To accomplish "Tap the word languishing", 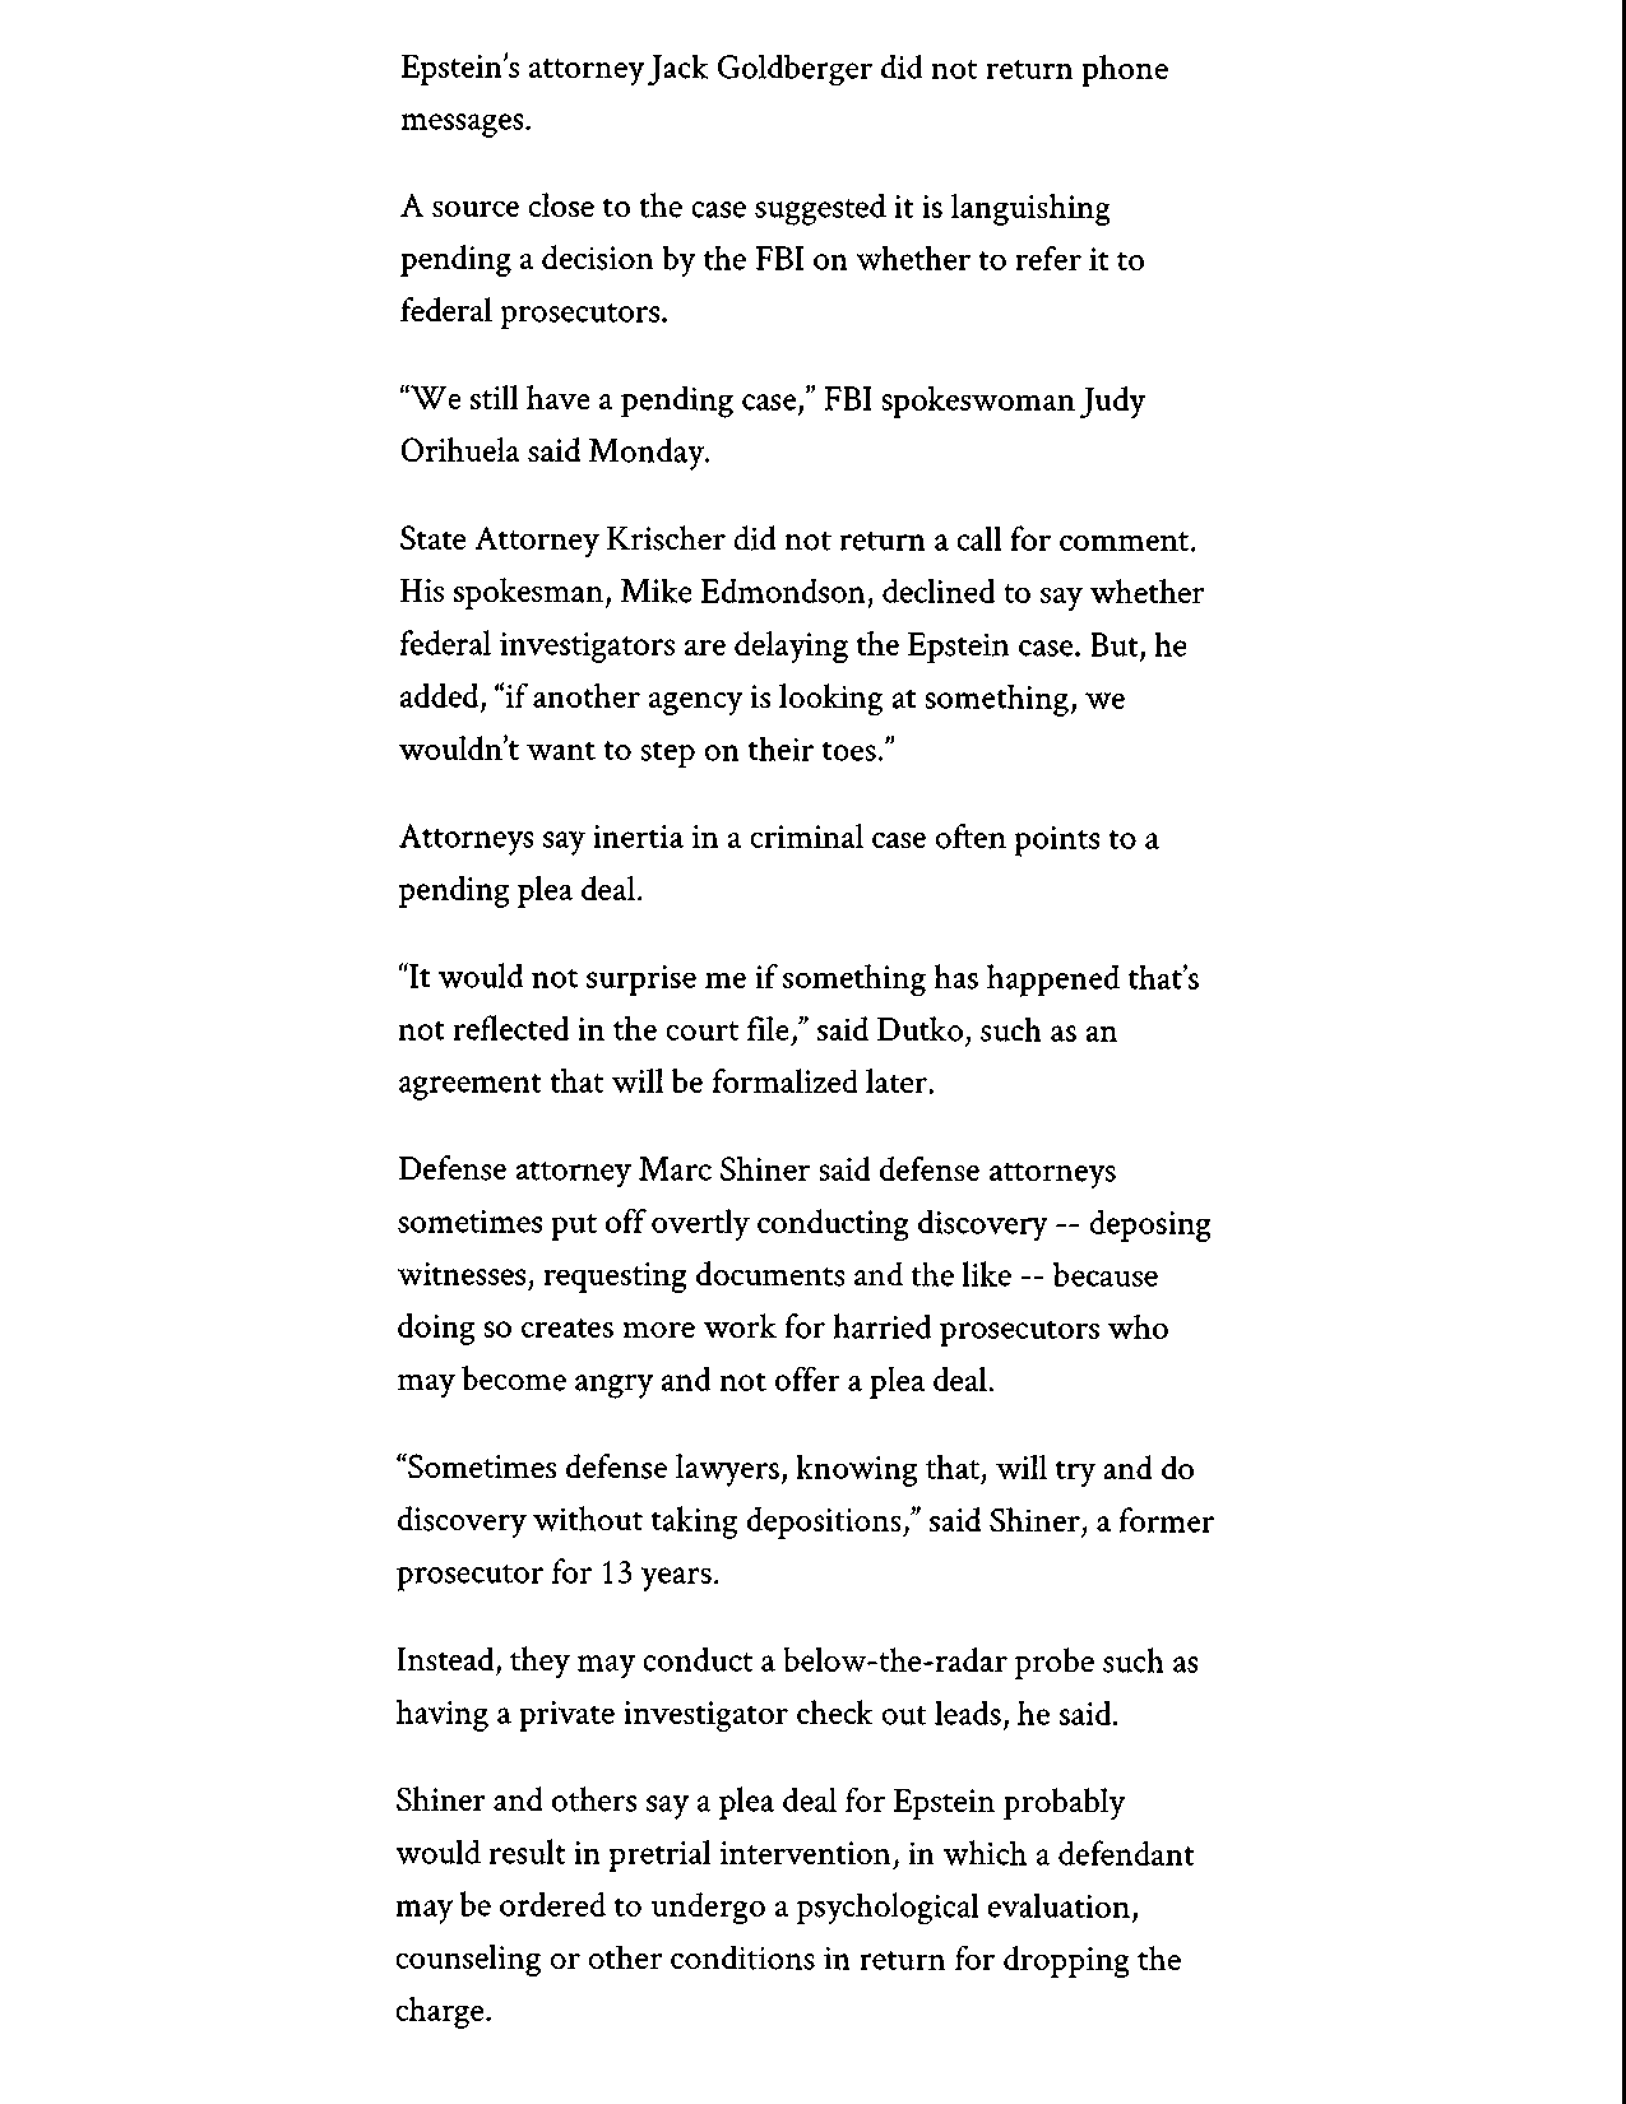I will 1030,208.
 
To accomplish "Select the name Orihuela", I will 458,452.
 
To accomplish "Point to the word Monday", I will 647,452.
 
